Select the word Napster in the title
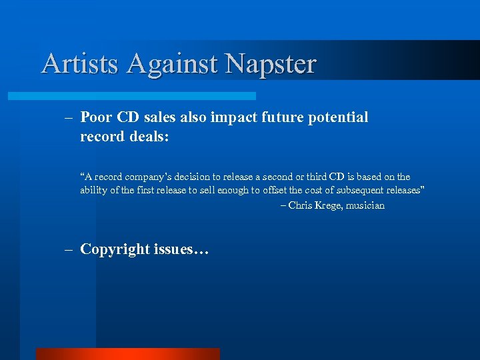click(271, 63)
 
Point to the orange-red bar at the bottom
click(127, 353)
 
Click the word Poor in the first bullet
click(97, 117)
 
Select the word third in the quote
click(317, 177)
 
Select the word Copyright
click(115, 249)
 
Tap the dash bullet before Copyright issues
click(69, 249)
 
